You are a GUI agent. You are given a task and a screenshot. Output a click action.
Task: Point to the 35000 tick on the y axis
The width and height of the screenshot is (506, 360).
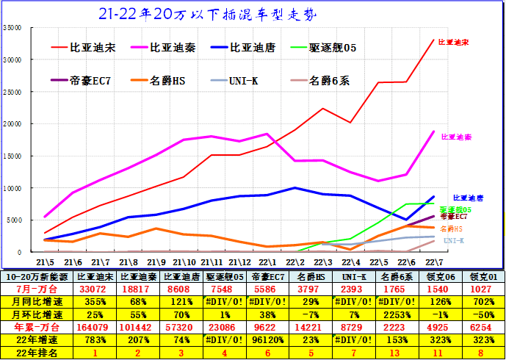tap(12, 27)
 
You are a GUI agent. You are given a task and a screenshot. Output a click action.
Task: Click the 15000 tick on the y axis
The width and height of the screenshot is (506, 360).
tap(12, 156)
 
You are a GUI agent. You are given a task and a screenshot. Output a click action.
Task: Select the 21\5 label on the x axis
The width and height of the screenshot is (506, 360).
tap(46, 262)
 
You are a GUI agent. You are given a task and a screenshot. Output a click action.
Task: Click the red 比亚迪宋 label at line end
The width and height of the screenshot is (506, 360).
tap(452, 43)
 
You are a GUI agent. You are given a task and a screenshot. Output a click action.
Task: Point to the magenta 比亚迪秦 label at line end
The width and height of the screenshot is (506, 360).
tap(456, 137)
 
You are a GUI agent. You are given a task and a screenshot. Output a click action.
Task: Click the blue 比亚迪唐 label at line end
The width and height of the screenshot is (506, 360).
tap(468, 198)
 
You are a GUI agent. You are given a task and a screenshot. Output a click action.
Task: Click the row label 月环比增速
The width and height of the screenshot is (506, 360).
tap(33, 314)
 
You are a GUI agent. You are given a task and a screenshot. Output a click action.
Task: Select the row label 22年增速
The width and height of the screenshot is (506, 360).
tap(33, 339)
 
